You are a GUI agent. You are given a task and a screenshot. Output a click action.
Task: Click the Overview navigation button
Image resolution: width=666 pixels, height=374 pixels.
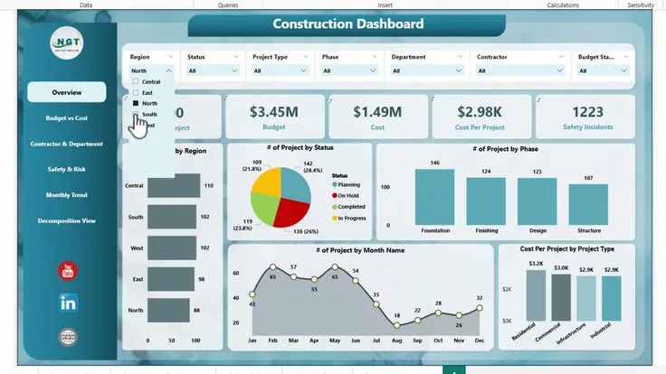point(67,92)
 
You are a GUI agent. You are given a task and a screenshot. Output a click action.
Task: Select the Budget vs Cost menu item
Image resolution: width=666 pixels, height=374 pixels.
point(67,118)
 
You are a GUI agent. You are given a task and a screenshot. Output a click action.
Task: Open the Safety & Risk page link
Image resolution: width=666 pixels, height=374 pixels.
point(67,169)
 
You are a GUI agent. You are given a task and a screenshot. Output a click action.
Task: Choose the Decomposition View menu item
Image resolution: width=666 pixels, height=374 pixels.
point(67,220)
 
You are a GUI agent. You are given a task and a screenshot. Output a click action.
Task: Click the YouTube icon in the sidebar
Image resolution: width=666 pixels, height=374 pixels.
point(68,270)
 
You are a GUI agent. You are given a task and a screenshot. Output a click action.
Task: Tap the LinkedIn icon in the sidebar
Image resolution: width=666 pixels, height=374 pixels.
point(68,303)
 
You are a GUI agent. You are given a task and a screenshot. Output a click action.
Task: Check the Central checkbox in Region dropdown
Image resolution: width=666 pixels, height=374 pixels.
point(136,82)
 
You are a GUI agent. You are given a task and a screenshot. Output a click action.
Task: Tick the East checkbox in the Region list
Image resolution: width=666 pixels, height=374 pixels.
point(136,93)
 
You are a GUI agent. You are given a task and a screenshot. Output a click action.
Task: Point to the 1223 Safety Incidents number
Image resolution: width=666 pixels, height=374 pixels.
point(587,112)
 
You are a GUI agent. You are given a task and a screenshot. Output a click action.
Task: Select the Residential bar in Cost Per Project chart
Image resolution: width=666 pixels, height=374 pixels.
point(536,296)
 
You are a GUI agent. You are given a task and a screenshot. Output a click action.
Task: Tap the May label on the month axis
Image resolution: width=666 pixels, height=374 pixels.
point(335,340)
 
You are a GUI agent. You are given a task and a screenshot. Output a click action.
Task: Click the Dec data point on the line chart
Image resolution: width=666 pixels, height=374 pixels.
point(480,309)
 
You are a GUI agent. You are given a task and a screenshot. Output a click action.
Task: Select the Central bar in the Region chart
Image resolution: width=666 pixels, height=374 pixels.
point(175,186)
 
